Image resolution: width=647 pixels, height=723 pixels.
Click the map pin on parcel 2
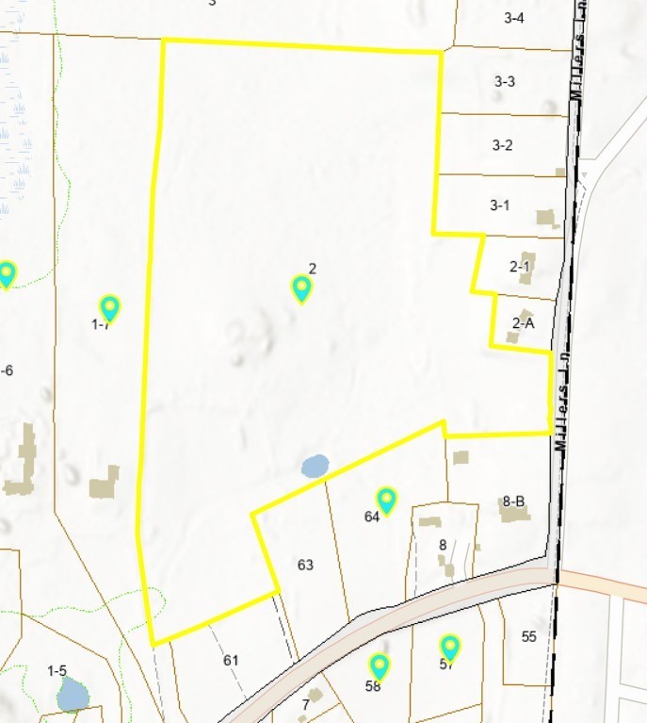pyautogui.click(x=301, y=288)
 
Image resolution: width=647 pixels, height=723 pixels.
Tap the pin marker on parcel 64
pyautogui.click(x=386, y=501)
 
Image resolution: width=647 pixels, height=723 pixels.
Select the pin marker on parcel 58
pyautogui.click(x=379, y=666)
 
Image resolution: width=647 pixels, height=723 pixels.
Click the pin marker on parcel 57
pyautogui.click(x=451, y=648)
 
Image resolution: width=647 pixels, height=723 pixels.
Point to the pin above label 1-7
pyautogui.click(x=110, y=307)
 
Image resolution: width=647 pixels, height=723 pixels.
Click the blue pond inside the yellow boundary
pyautogui.click(x=315, y=465)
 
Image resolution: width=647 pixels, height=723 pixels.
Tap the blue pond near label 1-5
pyautogui.click(x=73, y=695)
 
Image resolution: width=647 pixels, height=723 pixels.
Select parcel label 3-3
pyautogui.click(x=504, y=81)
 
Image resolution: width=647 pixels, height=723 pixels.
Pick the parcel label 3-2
pyautogui.click(x=502, y=145)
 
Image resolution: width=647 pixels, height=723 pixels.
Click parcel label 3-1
pyautogui.click(x=499, y=205)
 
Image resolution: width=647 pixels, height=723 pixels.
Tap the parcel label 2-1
pyautogui.click(x=520, y=267)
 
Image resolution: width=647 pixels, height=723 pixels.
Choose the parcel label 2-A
pyautogui.click(x=523, y=322)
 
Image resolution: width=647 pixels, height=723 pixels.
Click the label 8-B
pyautogui.click(x=513, y=501)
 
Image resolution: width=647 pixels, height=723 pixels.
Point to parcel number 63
pyautogui.click(x=304, y=565)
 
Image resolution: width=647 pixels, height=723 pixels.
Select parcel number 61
pyautogui.click(x=231, y=660)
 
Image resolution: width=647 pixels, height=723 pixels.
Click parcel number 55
pyautogui.click(x=528, y=636)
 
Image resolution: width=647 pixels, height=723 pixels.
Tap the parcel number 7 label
pyautogui.click(x=305, y=705)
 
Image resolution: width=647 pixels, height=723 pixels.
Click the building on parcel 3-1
pyautogui.click(x=545, y=218)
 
